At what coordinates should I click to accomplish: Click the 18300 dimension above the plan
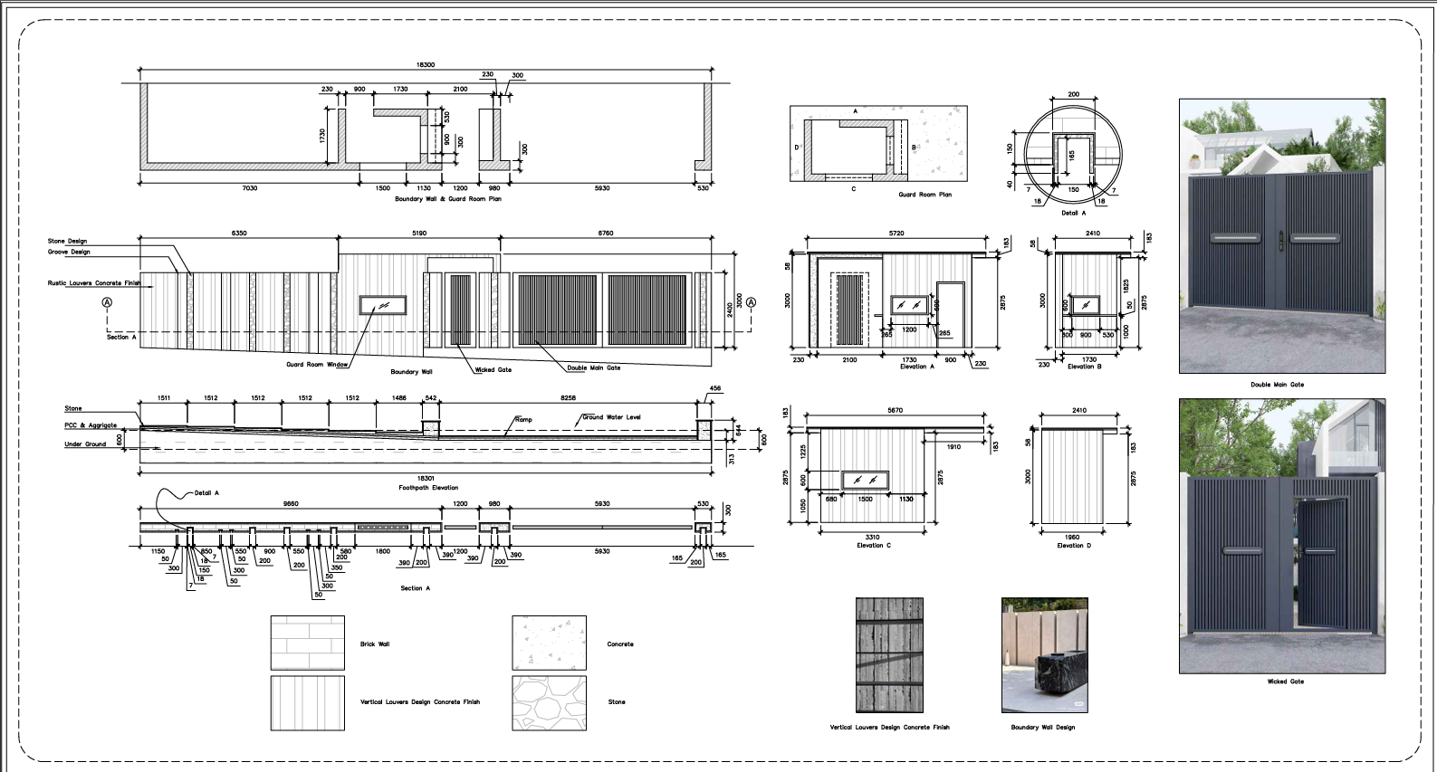[x=425, y=65]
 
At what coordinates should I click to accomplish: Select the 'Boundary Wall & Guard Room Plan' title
[x=447, y=199]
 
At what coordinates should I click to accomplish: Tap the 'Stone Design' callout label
[x=68, y=242]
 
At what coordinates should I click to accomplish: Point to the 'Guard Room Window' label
[x=317, y=365]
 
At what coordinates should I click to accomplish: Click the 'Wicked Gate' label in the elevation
[x=493, y=369]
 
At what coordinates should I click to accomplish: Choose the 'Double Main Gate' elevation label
[x=594, y=368]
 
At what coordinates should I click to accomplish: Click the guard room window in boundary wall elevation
[x=383, y=305]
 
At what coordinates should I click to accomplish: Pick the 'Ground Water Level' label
[x=611, y=417]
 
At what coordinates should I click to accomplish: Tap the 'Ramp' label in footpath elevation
[x=523, y=420]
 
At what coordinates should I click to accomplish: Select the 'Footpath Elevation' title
[x=428, y=488]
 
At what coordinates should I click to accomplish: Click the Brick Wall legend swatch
[x=308, y=643]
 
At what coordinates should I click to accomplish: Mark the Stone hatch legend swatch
[x=549, y=702]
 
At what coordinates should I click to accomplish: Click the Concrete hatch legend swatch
[x=549, y=643]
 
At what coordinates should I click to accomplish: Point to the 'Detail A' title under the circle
[x=1073, y=214]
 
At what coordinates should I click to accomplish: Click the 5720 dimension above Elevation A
[x=896, y=234]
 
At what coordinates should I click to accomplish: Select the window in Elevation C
[x=865, y=481]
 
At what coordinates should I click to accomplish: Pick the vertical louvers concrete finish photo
[x=889, y=654]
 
